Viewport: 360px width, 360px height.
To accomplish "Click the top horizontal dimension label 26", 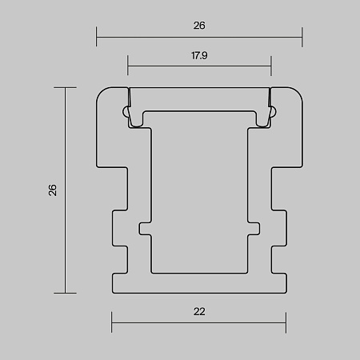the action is tap(199, 26).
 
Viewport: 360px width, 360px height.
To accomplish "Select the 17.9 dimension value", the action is tap(199, 56).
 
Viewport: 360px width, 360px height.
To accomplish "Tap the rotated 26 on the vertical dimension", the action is tap(53, 190).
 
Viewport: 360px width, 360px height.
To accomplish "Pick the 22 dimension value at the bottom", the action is tap(199, 311).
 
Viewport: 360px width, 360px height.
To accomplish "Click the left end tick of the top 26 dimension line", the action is tap(97, 37).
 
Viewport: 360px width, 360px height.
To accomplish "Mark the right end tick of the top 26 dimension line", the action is tap(302, 37).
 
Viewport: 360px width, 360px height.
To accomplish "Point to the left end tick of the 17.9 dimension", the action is tap(128, 66).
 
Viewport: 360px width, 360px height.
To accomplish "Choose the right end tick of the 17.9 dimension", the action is tap(271, 66).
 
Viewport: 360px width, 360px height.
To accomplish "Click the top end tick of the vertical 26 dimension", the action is tap(65, 87).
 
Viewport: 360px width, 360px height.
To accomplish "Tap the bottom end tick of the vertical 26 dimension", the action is tap(65, 293).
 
